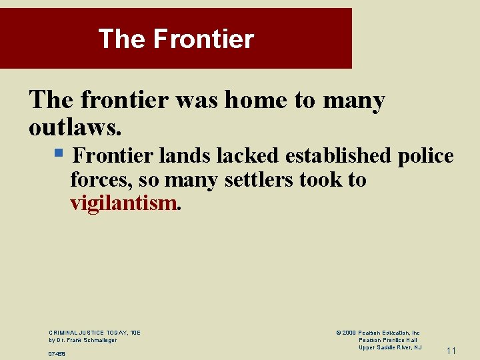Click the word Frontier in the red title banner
click(x=203, y=39)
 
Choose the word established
click(x=339, y=155)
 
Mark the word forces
click(x=93, y=179)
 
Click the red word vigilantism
click(x=123, y=203)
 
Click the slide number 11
click(x=451, y=351)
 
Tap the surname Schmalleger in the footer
click(x=97, y=340)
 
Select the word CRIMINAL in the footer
click(x=63, y=332)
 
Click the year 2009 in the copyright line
click(x=349, y=332)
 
